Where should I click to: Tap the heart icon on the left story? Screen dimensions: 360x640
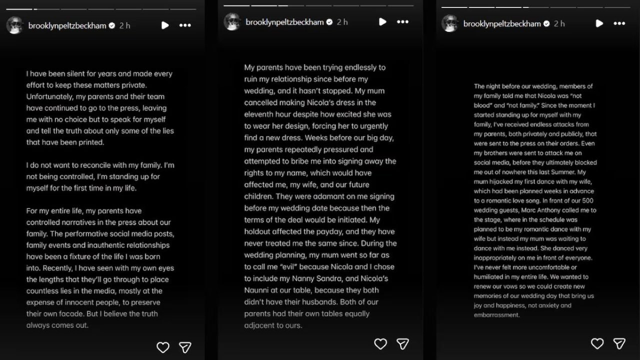(163, 347)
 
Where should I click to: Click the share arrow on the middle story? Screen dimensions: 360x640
(403, 343)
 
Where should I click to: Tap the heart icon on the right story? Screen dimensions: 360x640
(597, 343)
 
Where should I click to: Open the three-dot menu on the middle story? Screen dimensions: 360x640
(402, 22)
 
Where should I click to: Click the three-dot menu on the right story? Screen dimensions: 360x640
(619, 23)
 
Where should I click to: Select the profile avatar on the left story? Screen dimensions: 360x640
(15, 25)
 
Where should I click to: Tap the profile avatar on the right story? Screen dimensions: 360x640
(450, 23)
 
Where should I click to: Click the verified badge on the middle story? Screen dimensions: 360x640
(329, 22)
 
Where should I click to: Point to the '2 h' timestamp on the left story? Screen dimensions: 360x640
(124, 25)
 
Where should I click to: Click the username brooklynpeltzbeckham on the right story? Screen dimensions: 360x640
(502, 23)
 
